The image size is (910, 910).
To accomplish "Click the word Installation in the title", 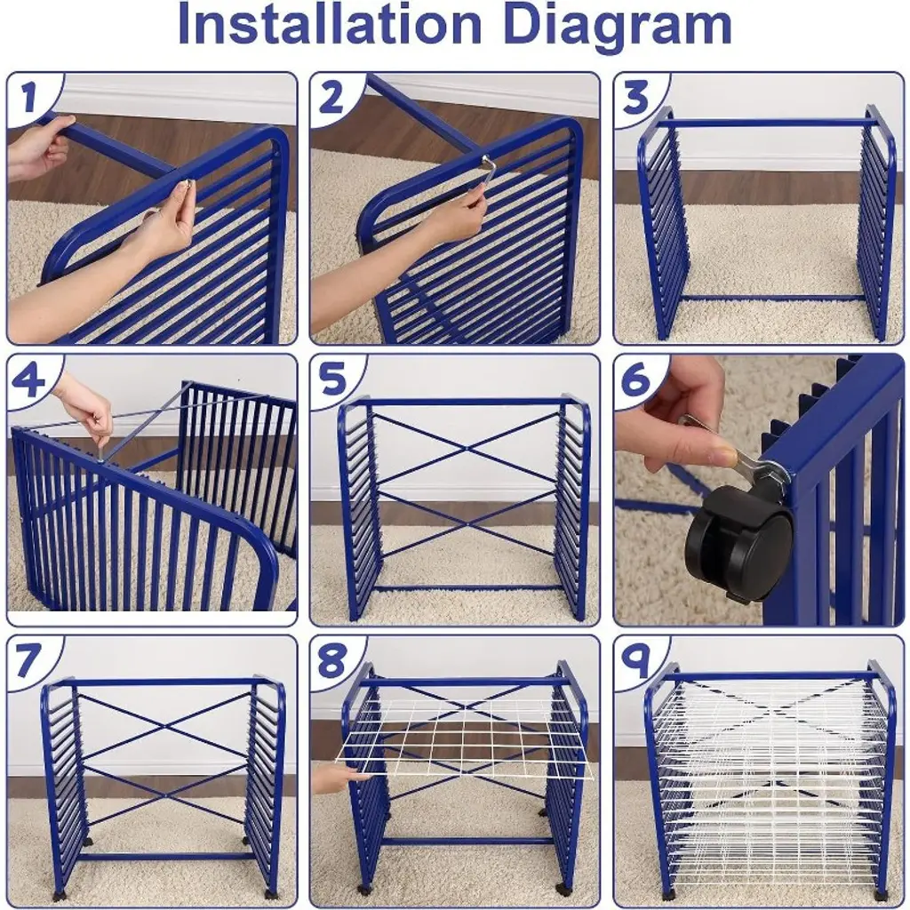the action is click(329, 25).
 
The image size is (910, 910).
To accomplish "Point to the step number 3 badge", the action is click(636, 97).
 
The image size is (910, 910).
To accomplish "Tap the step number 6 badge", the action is click(636, 379).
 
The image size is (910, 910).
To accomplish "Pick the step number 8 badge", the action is click(332, 660).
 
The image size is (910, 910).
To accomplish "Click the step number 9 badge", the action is click(636, 660).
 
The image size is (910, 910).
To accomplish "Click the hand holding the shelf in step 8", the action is click(335, 778).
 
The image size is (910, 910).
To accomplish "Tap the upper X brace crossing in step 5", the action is click(467, 448).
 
